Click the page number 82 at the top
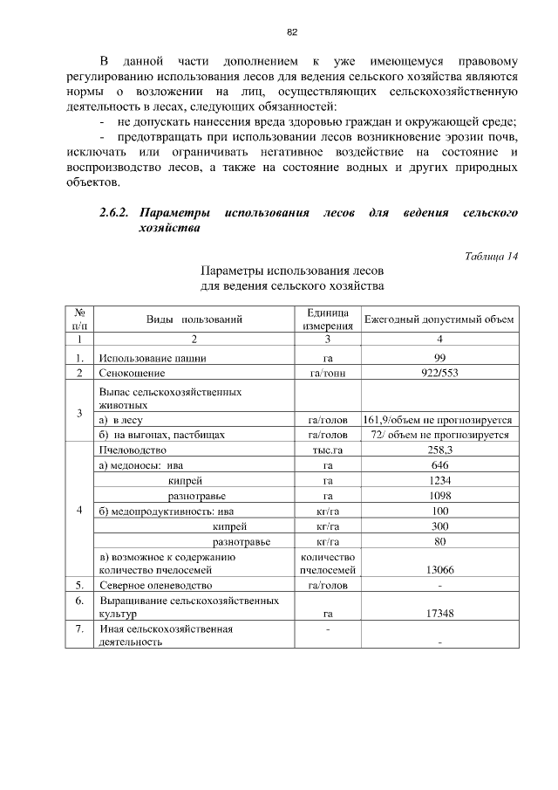click(292, 32)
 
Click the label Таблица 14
click(492, 256)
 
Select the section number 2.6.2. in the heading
click(114, 213)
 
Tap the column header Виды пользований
click(194, 319)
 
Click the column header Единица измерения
click(327, 319)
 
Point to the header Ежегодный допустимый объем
click(439, 319)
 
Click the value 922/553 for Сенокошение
click(439, 373)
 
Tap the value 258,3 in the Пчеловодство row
click(439, 450)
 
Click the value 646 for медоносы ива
click(439, 465)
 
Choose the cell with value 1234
click(439, 480)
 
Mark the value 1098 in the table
click(439, 496)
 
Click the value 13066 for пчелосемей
click(439, 570)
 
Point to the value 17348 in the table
click(439, 615)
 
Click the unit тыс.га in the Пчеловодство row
click(327, 450)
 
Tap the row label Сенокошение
click(132, 373)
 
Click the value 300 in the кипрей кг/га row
click(439, 526)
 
